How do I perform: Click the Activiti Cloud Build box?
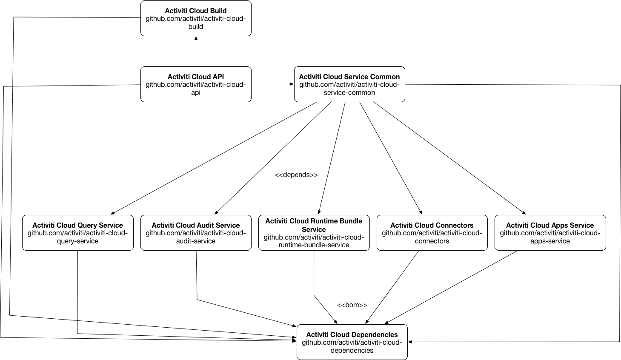(196, 18)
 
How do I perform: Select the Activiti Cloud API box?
(196, 84)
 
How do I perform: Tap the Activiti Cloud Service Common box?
(349, 84)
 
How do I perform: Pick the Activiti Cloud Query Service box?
(77, 233)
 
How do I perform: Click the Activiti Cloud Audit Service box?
(196, 233)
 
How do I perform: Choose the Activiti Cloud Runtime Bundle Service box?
(314, 233)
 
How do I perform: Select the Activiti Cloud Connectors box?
(432, 233)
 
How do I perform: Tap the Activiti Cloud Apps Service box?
(550, 233)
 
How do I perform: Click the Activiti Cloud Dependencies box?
(352, 342)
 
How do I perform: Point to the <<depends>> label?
(296, 175)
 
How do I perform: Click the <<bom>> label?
(352, 305)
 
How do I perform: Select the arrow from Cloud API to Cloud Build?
(196, 51)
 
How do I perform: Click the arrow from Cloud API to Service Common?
(272, 84)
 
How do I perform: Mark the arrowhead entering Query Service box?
(113, 213)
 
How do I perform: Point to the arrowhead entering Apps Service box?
(524, 213)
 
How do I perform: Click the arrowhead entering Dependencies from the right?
(410, 342)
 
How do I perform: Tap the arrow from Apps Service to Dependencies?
(451, 287)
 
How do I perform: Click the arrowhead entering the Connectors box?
(421, 212)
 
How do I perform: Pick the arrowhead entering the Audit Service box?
(217, 212)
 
